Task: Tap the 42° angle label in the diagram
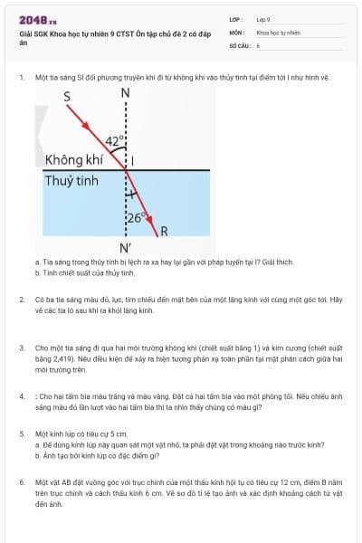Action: point(112,140)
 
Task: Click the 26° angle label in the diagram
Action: point(136,217)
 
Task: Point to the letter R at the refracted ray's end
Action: point(164,231)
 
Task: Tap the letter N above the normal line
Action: point(125,93)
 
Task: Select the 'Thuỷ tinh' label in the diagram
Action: point(71,180)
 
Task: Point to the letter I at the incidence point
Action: point(133,161)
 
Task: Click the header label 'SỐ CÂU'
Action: point(238,44)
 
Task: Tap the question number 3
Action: point(22,347)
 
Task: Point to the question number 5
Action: point(22,434)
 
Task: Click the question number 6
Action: point(22,482)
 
